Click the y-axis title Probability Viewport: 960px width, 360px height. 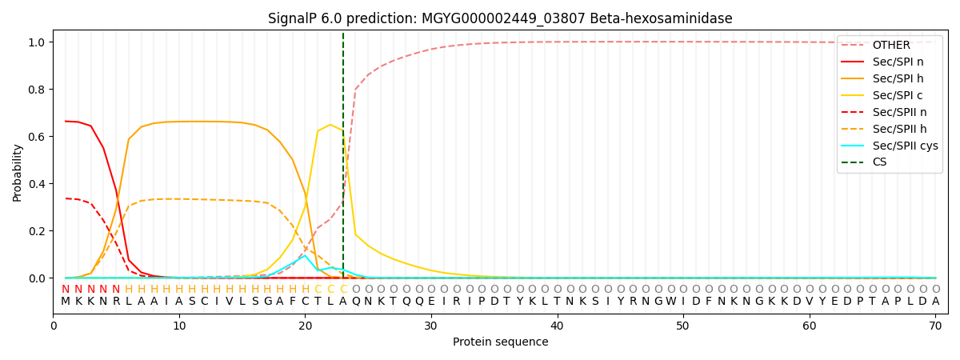[x=18, y=172]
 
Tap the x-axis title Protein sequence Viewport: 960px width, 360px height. [x=500, y=342]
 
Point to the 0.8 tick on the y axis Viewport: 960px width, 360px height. [x=38, y=90]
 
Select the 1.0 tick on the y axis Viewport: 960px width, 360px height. [x=38, y=42]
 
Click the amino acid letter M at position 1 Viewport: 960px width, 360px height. [x=66, y=302]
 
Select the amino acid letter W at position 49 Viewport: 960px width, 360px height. [x=670, y=302]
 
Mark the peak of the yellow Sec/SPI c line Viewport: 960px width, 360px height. [x=330, y=125]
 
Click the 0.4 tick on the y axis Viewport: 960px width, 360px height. [x=38, y=184]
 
